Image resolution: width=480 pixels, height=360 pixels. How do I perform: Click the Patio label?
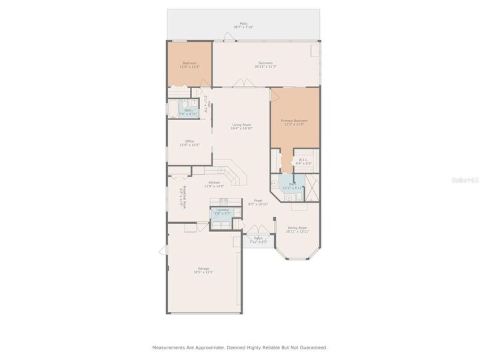243,25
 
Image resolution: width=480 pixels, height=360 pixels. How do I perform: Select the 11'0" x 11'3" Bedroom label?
189,65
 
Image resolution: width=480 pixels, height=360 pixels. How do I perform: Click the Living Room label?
241,127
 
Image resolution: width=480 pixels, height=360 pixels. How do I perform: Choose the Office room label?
189,143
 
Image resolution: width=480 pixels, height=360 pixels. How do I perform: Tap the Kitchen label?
214,184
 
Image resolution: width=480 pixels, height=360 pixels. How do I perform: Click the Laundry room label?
222,211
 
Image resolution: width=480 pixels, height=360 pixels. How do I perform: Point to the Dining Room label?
297,229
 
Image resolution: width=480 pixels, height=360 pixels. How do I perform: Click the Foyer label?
257,202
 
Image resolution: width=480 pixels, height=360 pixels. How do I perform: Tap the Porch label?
257,240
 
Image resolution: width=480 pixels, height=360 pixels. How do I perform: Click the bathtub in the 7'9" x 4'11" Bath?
175,110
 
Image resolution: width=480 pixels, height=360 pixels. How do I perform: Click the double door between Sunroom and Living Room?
241,84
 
